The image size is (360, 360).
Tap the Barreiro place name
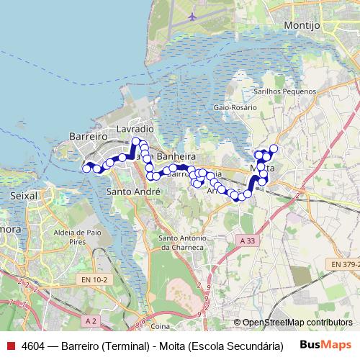[x=89, y=136]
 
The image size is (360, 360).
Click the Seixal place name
[x=24, y=195]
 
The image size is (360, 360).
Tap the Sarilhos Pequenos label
[x=284, y=91]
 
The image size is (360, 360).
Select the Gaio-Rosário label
[x=235, y=107]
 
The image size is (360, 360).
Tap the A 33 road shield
[x=247, y=240]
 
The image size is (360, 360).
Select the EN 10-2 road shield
[x=96, y=279]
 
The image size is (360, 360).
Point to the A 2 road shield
[x=91, y=320]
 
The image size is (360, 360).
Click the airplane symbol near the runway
[x=192, y=16]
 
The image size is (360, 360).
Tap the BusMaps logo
[x=325, y=345]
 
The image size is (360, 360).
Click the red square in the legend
[x=10, y=346]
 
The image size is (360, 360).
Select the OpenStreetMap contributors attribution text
[x=297, y=323]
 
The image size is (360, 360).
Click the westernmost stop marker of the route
[x=86, y=168]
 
